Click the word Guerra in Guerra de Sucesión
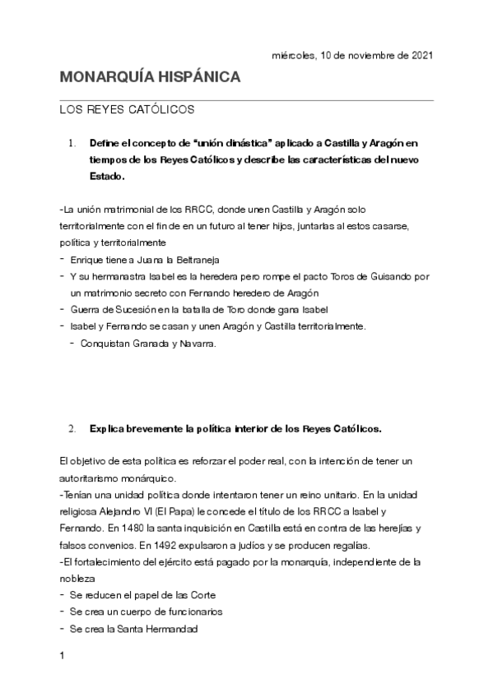click(86, 309)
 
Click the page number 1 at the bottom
click(62, 657)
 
